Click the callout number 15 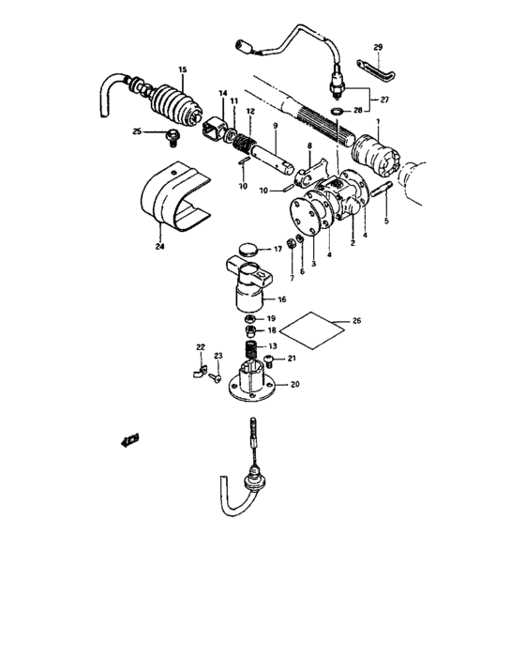[x=182, y=69]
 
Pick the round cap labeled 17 [x=248, y=250]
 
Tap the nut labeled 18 [x=250, y=330]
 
